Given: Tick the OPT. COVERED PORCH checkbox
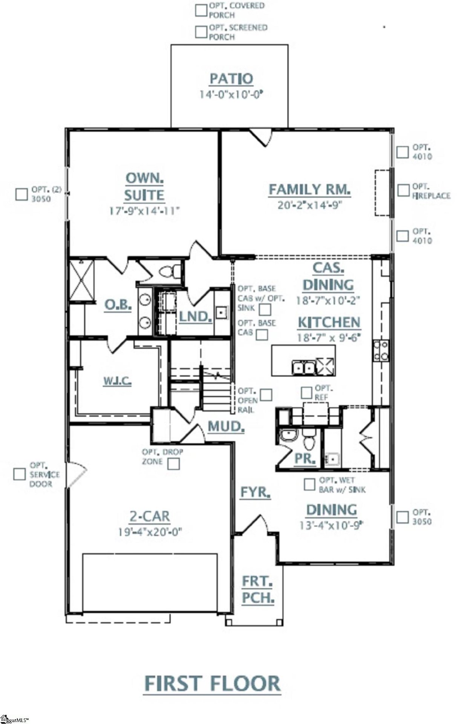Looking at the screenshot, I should (x=201, y=11).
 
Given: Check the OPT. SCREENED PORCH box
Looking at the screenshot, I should (x=201, y=32).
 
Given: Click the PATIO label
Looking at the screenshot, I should (x=231, y=79).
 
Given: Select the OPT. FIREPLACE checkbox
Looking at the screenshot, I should (x=403, y=190).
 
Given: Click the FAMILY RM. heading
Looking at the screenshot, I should (x=309, y=189).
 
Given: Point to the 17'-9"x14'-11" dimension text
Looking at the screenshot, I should (x=144, y=210).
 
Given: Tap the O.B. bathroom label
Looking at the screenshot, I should (x=118, y=304).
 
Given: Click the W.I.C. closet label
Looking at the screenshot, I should (x=118, y=381).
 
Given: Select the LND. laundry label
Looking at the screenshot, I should (x=195, y=316).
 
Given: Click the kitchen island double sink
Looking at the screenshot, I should (x=304, y=367).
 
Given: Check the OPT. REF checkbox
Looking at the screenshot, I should (x=306, y=393).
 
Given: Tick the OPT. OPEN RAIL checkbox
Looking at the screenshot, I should (x=266, y=395).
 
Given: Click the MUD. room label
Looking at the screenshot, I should (x=226, y=426).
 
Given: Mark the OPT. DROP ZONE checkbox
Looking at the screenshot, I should (x=174, y=463).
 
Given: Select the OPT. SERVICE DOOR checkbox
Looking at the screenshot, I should (x=19, y=474).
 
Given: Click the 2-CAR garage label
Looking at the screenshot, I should (x=149, y=516).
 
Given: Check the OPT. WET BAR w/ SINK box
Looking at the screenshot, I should (x=309, y=485).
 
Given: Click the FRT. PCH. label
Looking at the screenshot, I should (x=258, y=589).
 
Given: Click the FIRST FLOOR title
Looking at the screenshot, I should (x=213, y=683).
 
